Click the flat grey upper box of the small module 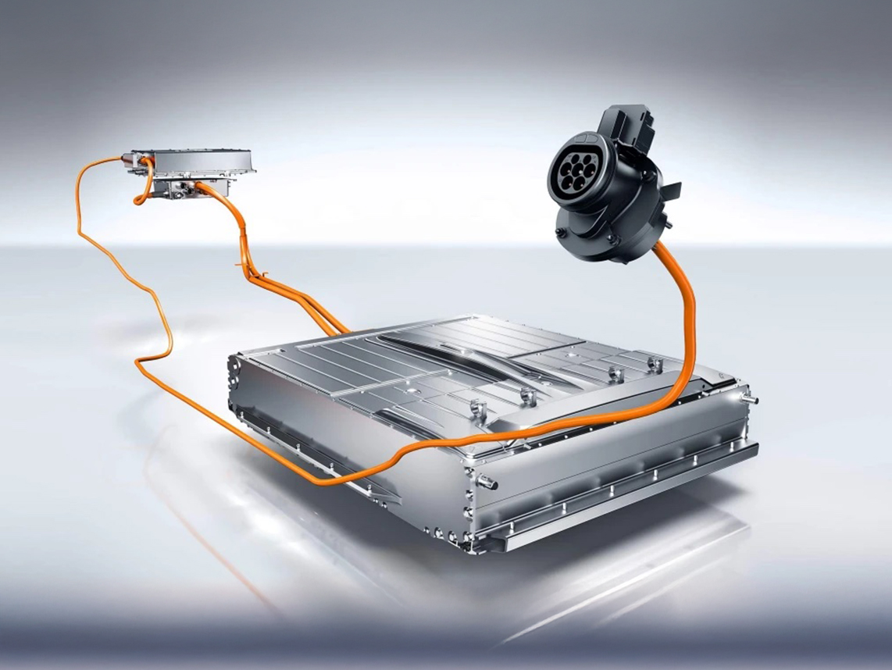tap(192, 160)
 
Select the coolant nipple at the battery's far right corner tap(752, 399)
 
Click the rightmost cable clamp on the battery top tap(655, 364)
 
